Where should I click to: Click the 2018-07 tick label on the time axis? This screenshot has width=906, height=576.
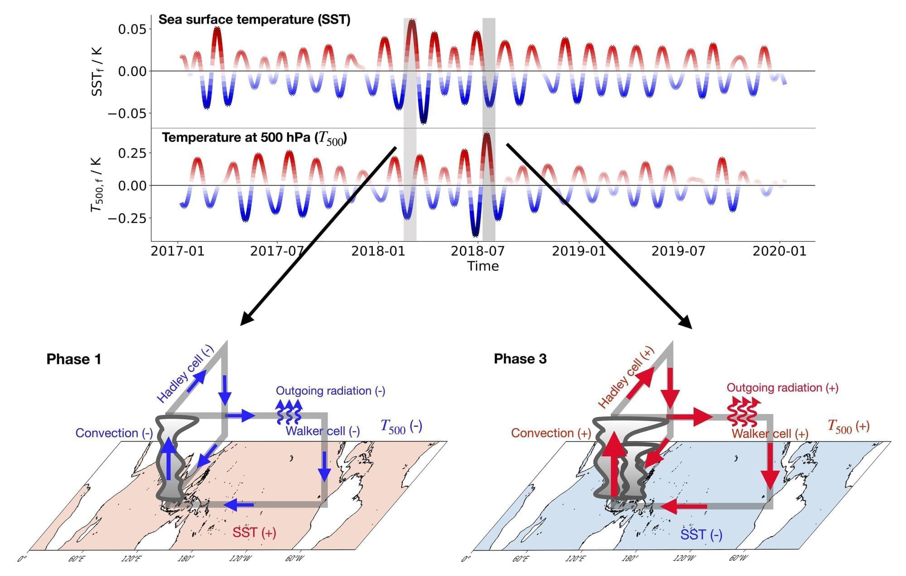(x=478, y=250)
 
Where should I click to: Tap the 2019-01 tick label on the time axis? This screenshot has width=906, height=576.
(x=578, y=250)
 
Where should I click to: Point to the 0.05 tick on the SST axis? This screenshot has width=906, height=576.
(x=132, y=29)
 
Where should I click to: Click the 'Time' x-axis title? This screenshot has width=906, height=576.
(x=483, y=266)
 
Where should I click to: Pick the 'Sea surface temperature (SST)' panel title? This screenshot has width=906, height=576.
(x=254, y=19)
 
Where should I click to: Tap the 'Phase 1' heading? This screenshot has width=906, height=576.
(x=73, y=360)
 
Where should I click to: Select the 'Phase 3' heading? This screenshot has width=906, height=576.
(x=520, y=359)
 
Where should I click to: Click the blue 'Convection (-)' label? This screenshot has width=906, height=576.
(x=114, y=433)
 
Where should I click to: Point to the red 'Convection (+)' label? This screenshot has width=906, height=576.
(x=551, y=433)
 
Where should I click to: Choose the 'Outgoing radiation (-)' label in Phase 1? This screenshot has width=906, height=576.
(x=330, y=391)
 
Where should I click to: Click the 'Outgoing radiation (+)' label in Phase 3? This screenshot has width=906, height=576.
(x=782, y=388)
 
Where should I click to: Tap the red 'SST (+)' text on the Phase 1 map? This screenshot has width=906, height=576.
(x=254, y=533)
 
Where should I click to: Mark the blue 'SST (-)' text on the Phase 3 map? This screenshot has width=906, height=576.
(x=701, y=535)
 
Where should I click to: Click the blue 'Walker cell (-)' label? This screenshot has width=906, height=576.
(x=323, y=431)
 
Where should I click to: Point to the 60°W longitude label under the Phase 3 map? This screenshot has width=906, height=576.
(x=738, y=559)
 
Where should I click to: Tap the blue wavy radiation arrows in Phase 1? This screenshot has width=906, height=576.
(x=289, y=411)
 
